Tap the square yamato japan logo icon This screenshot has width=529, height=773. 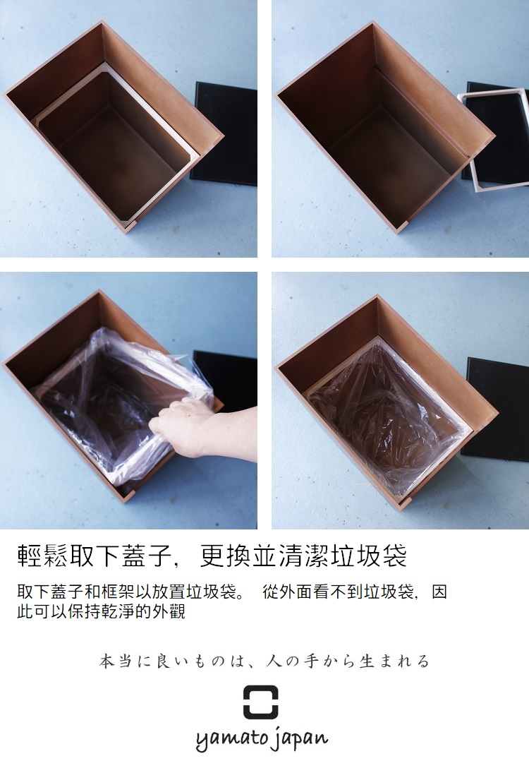click(260, 702)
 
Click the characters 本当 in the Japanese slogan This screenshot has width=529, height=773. click(116, 661)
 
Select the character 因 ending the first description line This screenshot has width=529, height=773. click(439, 592)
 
